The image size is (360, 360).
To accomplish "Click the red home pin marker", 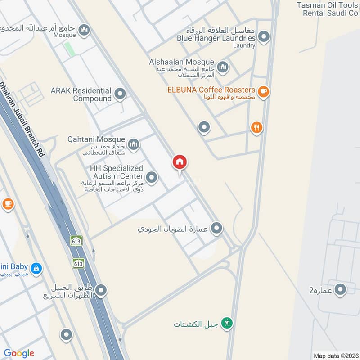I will [180, 162].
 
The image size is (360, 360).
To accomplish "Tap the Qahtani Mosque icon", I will [133, 144].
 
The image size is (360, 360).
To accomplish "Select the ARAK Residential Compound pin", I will [120, 94].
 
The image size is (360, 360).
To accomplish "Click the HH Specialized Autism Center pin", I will [152, 178].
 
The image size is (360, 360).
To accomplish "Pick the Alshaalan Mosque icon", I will [222, 67].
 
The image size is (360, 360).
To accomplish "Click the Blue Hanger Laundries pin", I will [265, 37].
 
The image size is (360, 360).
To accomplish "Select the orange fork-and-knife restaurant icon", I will [256, 128].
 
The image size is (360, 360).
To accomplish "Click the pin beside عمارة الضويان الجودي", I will [217, 229].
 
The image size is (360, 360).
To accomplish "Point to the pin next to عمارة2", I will [341, 290].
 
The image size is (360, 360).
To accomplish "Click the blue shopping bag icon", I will [36, 269].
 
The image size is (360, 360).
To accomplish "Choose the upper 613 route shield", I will [76, 241].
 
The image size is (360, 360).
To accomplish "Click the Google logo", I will [19, 353].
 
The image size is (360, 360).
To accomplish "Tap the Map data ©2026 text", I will [335, 355].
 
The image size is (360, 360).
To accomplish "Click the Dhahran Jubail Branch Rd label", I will [22, 119].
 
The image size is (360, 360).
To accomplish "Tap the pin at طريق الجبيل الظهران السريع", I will [101, 291].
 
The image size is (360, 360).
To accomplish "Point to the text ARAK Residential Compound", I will [81, 94].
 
